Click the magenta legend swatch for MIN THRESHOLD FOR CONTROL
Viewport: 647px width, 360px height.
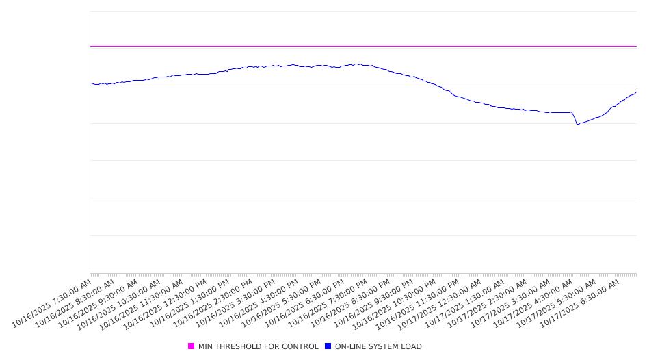click(x=192, y=346)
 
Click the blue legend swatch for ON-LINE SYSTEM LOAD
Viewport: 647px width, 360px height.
click(x=328, y=346)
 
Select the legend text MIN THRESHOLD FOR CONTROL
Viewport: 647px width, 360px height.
click(x=258, y=346)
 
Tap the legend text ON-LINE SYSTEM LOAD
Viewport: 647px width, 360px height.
click(x=378, y=346)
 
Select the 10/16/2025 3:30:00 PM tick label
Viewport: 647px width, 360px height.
click(x=235, y=303)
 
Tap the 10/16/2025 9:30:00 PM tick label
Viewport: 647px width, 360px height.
click(x=373, y=303)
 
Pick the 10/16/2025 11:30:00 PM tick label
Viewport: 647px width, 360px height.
click(x=419, y=303)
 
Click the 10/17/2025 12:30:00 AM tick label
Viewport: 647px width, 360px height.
click(x=443, y=303)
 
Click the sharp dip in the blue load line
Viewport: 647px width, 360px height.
click(x=577, y=124)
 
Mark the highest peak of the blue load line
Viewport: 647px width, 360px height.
click(x=356, y=64)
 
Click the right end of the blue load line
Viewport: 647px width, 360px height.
click(x=636, y=92)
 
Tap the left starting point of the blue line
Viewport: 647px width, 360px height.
click(x=90, y=83)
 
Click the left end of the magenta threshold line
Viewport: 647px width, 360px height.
click(x=90, y=46)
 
